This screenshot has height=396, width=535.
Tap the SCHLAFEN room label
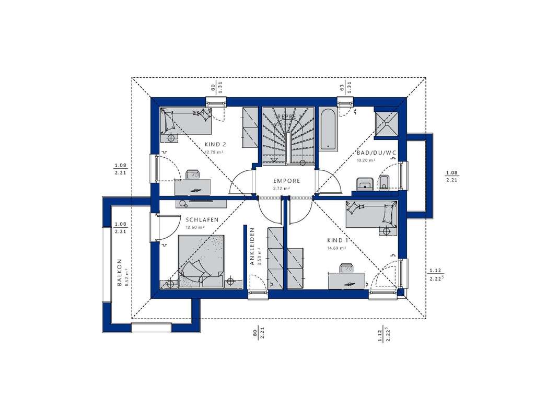[194, 220]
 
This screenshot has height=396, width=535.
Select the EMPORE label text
[286, 181]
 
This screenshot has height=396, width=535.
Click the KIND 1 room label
[337, 240]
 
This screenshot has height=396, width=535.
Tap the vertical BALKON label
[120, 272]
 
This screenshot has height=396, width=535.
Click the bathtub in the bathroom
[328, 130]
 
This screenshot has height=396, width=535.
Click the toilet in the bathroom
[383, 182]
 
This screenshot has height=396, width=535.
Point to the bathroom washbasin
[364, 183]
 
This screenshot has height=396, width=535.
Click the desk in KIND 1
[345, 280]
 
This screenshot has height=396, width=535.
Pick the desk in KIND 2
[192, 186]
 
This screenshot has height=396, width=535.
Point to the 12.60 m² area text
[194, 228]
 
